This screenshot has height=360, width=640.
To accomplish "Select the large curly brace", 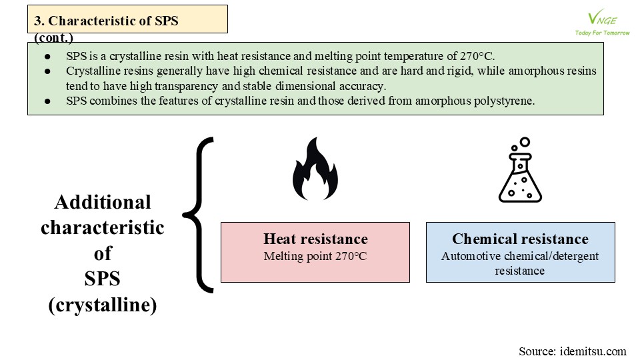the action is point(199,215).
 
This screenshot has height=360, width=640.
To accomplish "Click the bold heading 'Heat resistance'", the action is point(315,239).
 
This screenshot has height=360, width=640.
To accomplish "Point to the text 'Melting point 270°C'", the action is point(315,256).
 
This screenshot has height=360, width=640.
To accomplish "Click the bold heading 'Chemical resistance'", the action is point(521,239).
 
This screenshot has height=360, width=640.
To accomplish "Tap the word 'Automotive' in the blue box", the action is point(471,256).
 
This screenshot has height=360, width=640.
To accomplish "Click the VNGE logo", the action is point(602,19).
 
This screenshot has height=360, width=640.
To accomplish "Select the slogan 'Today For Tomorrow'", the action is point(602,33).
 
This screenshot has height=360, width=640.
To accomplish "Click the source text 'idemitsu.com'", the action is point(593,351).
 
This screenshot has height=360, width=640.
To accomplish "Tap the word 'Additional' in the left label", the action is point(103,202).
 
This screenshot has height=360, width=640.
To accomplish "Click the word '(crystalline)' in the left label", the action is point(103,305).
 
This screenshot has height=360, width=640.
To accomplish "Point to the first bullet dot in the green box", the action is point(47,56).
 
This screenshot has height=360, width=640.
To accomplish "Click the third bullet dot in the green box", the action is point(47,101).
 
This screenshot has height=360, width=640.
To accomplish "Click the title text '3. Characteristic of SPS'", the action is point(106,21).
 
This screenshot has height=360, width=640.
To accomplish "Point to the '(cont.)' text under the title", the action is point(53,38).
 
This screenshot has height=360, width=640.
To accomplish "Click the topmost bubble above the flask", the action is point(525,142).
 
